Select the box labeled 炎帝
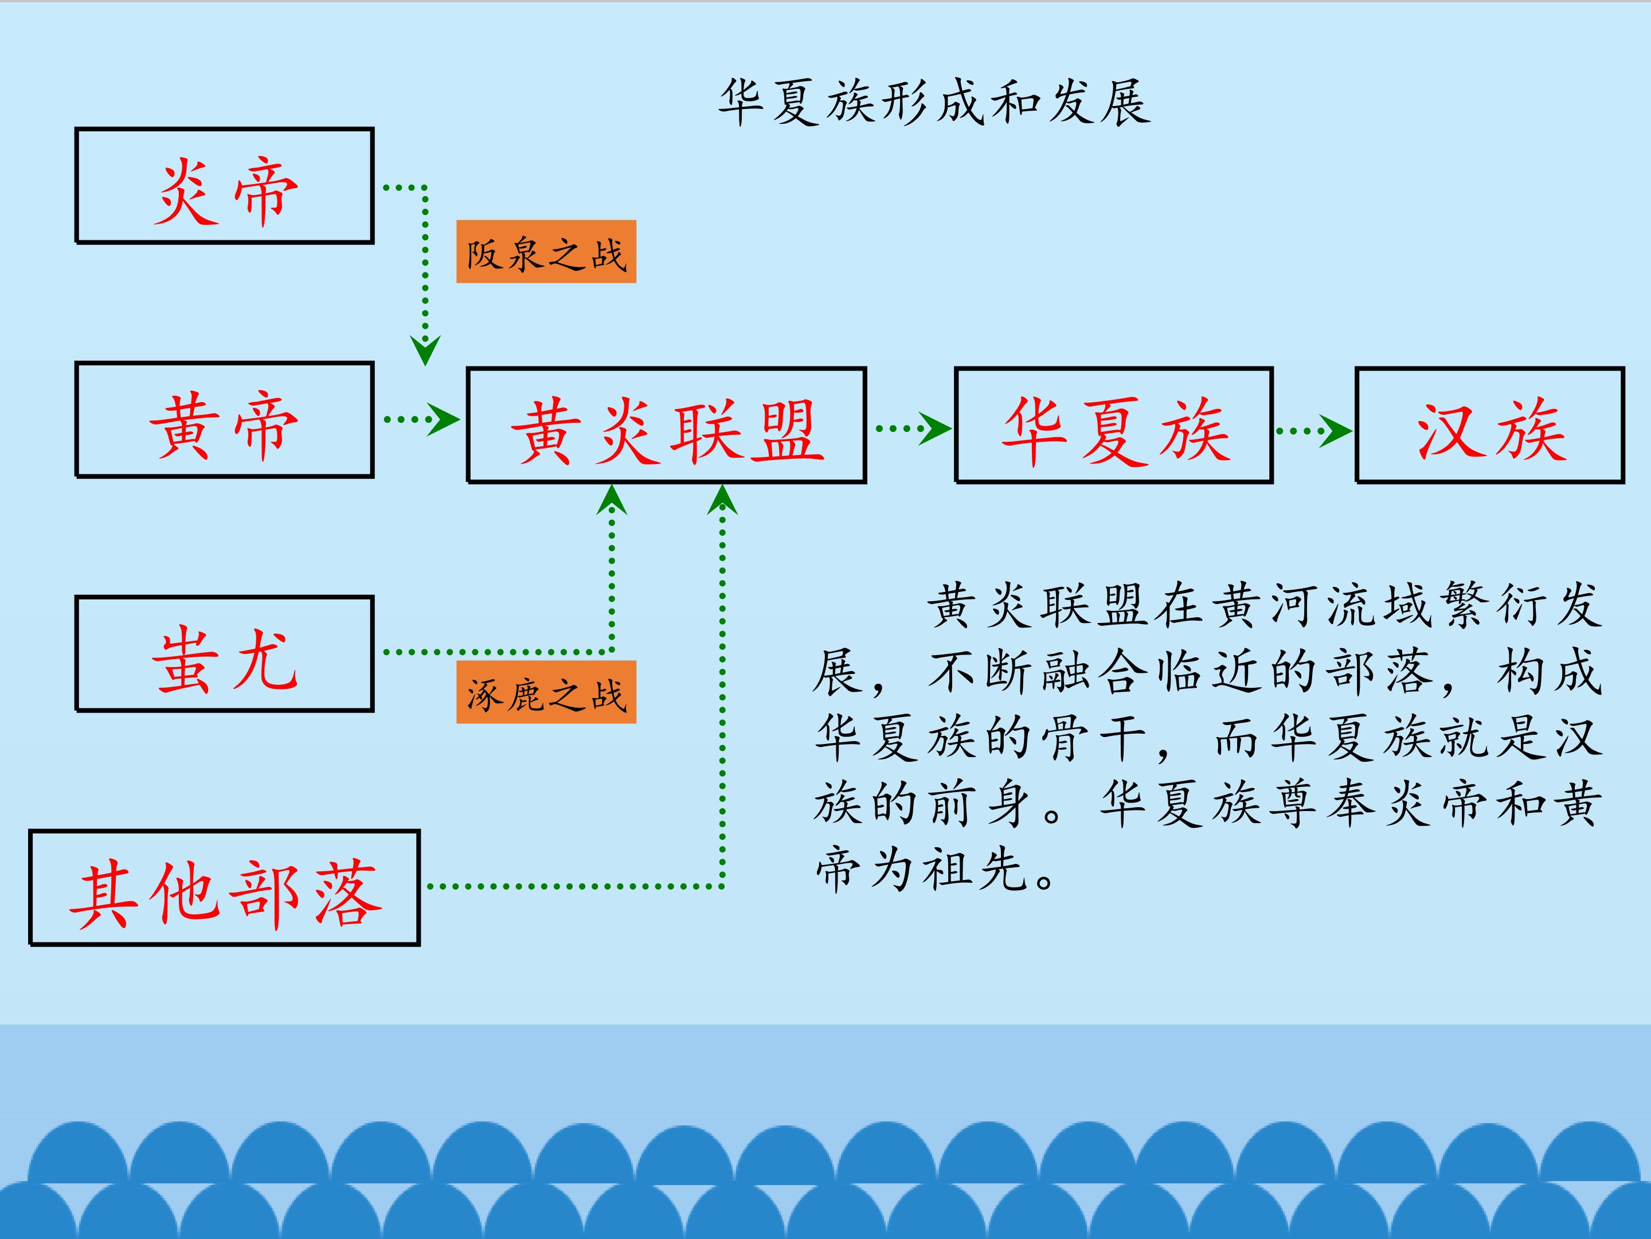[224, 186]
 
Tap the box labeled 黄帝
[224, 420]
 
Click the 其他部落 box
[224, 888]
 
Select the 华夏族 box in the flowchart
[1114, 426]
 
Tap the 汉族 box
[1490, 426]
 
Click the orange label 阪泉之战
[546, 252]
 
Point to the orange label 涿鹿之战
[546, 692]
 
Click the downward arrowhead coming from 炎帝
[425, 349]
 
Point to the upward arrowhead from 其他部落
[722, 500]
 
